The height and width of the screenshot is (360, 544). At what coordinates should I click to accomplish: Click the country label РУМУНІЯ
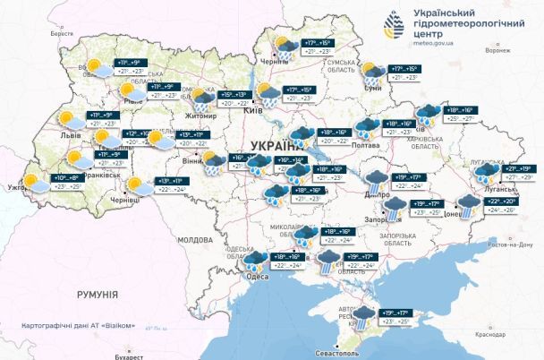pyautogui.click(x=97, y=294)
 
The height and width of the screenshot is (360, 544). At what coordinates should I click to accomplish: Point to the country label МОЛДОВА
pyautogui.click(x=194, y=240)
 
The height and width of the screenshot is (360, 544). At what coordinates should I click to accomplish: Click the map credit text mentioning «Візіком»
pyautogui.click(x=79, y=323)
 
